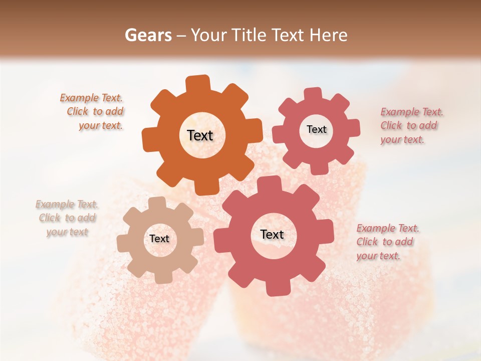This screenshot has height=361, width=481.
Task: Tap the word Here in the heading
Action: (329, 35)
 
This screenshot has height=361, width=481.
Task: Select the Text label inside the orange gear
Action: (200, 135)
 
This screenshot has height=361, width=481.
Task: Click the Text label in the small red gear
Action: (316, 129)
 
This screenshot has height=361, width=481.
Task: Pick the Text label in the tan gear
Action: (159, 239)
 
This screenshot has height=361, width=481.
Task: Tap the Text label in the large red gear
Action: (272, 234)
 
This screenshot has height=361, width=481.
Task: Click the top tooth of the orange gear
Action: (198, 84)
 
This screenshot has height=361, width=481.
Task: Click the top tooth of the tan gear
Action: (157, 203)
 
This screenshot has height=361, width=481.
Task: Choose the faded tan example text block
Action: (67, 218)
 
